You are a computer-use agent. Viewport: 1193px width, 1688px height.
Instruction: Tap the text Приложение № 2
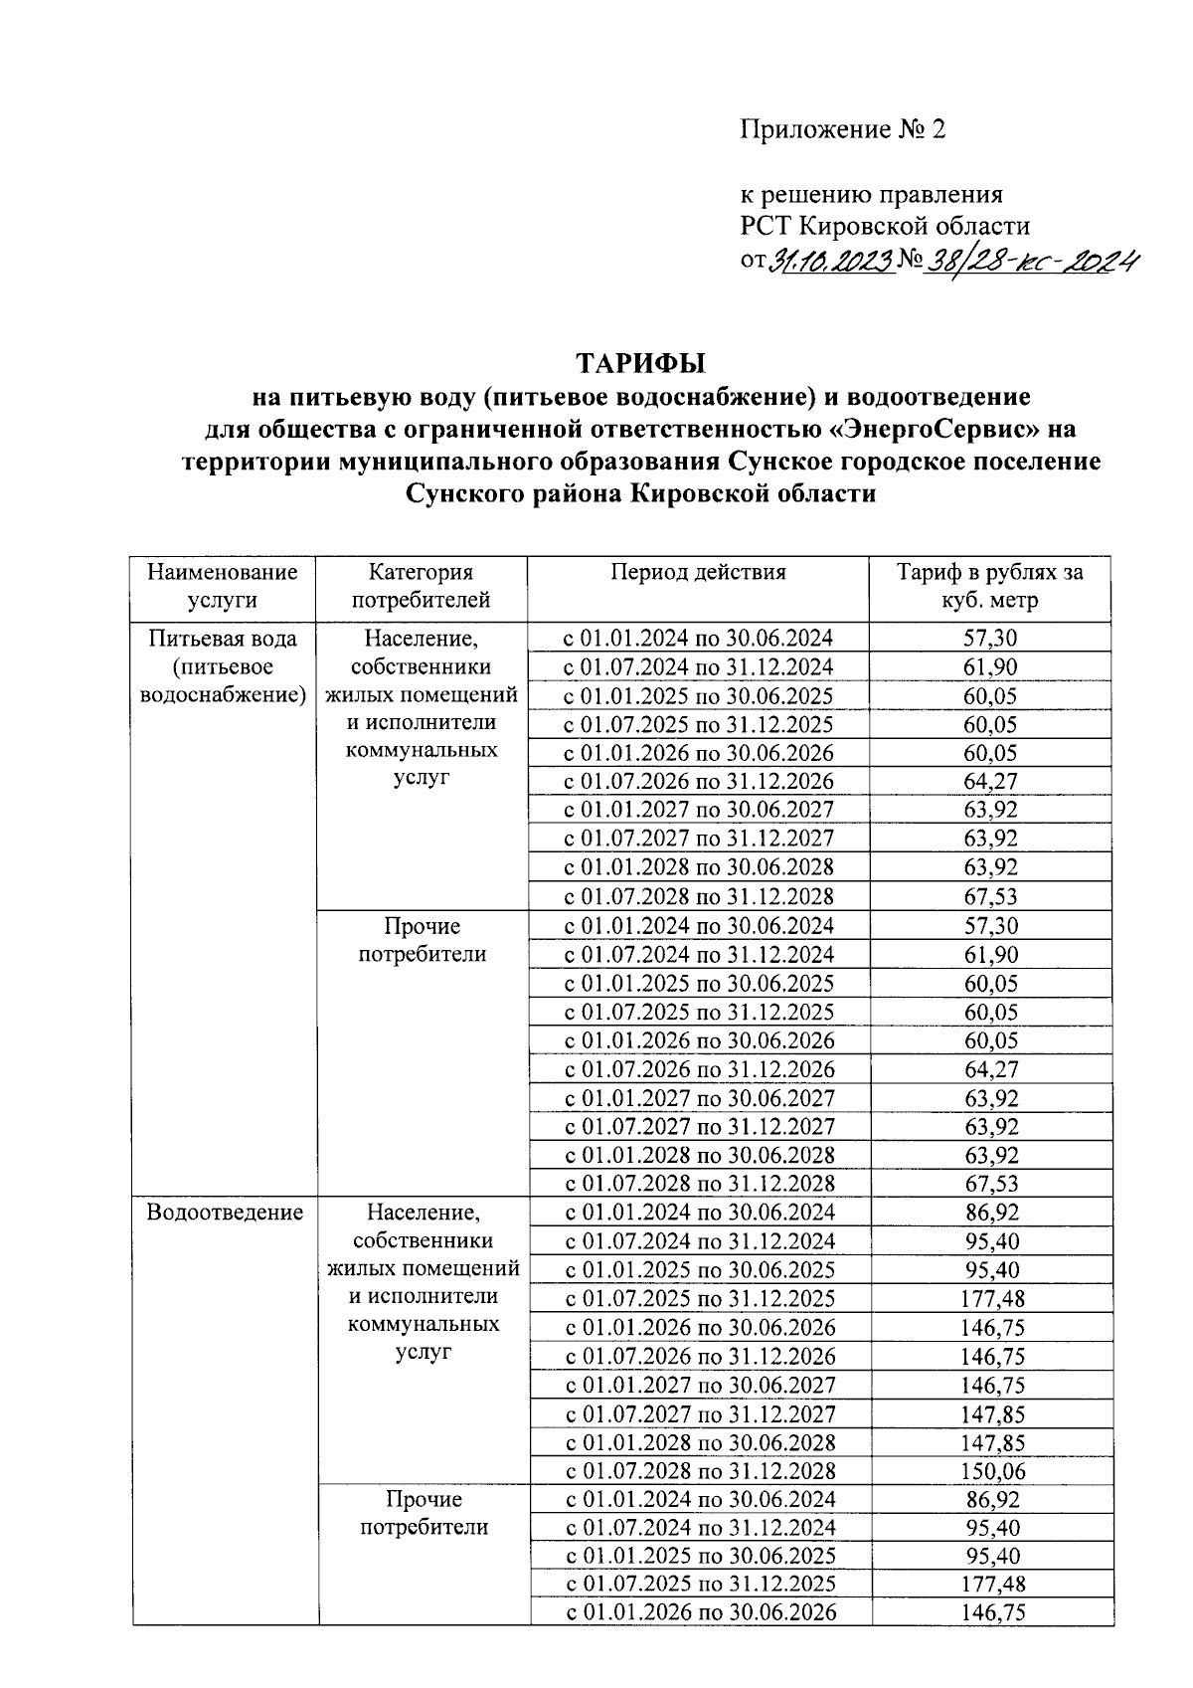[x=842, y=130]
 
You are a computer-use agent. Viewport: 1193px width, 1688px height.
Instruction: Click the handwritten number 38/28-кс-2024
[x=1032, y=261]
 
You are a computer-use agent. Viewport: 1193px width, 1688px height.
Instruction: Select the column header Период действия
[x=698, y=572]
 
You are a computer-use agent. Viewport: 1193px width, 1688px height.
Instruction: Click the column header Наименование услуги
[x=223, y=586]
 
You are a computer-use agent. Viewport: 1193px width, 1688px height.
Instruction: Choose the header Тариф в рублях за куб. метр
[x=990, y=586]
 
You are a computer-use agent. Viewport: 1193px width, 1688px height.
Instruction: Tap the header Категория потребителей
[x=422, y=586]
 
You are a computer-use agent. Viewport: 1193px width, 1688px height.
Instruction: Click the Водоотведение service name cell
[x=225, y=1213]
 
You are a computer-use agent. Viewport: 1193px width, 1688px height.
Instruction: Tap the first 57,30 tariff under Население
[x=990, y=639]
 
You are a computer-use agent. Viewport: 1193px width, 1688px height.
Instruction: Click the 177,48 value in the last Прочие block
[x=992, y=1585]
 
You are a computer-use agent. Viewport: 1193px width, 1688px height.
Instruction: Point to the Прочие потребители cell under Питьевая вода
[x=422, y=940]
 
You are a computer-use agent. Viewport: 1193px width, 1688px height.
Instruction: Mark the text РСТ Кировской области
[x=884, y=226]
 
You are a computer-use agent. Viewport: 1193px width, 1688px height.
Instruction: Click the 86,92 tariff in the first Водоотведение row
[x=991, y=1213]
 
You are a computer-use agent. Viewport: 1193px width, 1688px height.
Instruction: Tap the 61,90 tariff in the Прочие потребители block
[x=990, y=955]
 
